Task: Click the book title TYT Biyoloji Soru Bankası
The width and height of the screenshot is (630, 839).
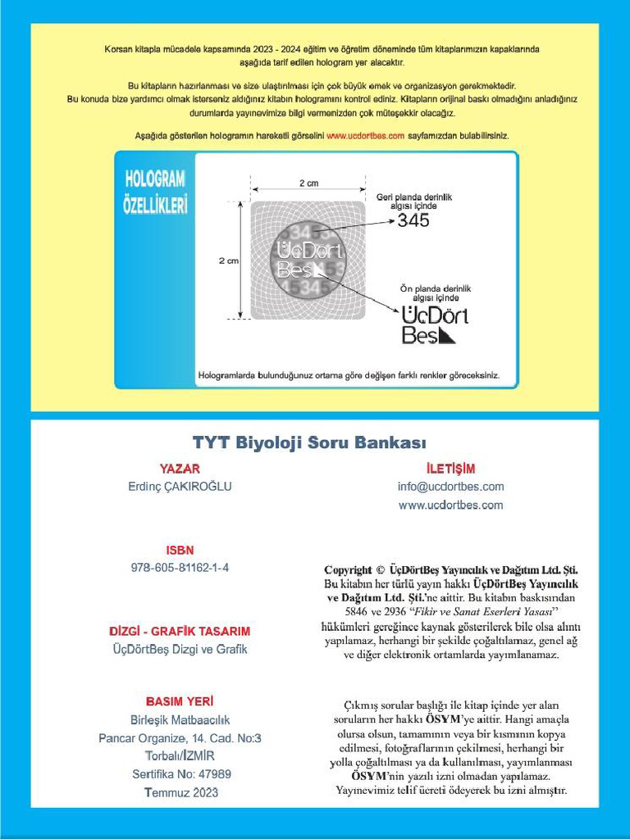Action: click(x=309, y=443)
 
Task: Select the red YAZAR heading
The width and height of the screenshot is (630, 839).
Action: click(x=180, y=469)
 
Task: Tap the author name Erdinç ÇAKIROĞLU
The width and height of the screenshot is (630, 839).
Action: click(x=180, y=487)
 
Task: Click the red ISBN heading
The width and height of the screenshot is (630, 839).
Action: click(x=180, y=551)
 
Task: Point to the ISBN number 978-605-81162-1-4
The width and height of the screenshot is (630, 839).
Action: click(x=180, y=568)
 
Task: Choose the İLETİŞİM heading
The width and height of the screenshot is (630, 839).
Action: click(x=450, y=469)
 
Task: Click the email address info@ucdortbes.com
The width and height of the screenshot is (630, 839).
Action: click(x=450, y=487)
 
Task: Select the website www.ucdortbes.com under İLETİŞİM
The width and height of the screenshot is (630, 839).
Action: click(x=450, y=505)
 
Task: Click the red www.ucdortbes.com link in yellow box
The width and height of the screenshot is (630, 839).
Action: click(x=365, y=136)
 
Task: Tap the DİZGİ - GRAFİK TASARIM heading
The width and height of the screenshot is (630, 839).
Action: click(x=180, y=632)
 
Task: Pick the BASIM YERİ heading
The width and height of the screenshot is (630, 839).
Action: click(x=180, y=702)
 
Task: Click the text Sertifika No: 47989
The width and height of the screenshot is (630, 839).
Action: click(x=181, y=773)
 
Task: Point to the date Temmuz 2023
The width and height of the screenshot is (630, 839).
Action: click(x=181, y=792)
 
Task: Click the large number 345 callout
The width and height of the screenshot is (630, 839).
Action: click(x=413, y=220)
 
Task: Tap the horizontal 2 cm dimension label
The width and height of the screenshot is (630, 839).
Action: click(x=308, y=184)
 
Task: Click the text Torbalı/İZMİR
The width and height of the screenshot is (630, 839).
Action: click(x=180, y=755)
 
